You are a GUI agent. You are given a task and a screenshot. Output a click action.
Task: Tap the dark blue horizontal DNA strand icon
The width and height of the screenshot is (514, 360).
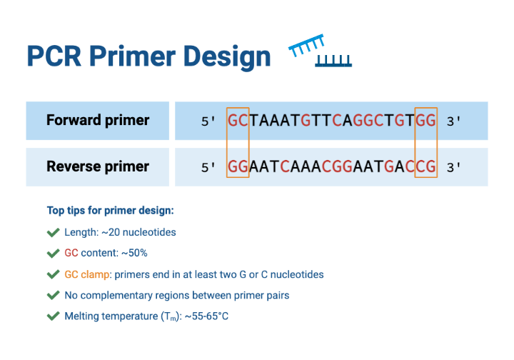[x=333, y=61]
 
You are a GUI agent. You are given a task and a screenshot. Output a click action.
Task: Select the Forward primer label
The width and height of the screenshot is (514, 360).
[x=98, y=120]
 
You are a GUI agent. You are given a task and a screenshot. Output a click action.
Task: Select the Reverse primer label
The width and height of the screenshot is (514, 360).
[x=98, y=166]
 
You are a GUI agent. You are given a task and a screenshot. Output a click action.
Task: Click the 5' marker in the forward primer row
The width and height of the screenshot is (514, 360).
[x=208, y=121]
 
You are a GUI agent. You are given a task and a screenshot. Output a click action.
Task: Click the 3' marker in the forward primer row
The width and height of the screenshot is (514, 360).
[x=453, y=121]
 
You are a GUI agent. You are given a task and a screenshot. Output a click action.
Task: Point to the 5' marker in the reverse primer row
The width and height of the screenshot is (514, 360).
[x=208, y=168]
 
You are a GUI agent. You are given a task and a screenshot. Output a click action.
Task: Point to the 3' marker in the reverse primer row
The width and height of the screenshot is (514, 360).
[x=453, y=168]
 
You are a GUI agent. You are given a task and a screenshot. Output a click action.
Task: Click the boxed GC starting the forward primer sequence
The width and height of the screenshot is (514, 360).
[x=238, y=121]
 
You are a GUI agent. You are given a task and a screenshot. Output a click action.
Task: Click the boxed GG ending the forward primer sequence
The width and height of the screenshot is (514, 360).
[x=425, y=121]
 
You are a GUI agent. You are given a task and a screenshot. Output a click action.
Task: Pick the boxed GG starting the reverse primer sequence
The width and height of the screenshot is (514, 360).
[x=238, y=167]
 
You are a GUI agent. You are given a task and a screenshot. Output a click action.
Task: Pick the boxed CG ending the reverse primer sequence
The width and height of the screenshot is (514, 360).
[x=425, y=167]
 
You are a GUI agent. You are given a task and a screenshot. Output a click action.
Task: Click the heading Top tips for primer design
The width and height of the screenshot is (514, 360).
[x=110, y=211]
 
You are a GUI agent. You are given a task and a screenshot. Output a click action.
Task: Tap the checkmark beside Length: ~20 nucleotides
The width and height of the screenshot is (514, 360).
[x=53, y=232]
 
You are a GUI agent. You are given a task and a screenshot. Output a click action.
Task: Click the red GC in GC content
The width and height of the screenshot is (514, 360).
[x=71, y=253]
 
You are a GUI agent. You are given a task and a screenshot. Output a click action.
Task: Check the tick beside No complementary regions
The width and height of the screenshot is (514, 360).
[x=53, y=295]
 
